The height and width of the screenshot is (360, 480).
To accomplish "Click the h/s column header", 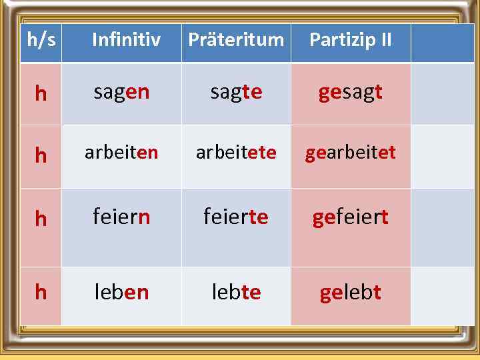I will coord(41,40).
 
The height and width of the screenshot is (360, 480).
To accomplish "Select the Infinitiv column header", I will coord(126,40).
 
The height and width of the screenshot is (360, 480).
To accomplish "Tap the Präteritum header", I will coord(236,40).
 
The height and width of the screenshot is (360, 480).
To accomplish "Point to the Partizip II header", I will coord(351,40).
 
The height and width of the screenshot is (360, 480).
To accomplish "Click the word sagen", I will coord(121,93).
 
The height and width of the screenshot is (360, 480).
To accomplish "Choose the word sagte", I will coord(236,93).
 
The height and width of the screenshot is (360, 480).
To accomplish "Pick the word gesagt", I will coord(351,93).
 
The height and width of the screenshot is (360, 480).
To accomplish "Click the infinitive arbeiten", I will coord(121,153).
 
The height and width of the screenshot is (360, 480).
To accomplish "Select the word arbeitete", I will coord(236,153).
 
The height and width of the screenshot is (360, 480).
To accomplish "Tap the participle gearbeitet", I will coord(351,153).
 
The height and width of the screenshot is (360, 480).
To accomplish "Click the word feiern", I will coord(121,217).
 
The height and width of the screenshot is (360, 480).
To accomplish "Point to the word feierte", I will coord(236,217).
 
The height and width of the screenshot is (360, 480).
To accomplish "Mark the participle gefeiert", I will coord(351,217).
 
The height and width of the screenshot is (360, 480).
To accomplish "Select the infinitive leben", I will coord(121,292).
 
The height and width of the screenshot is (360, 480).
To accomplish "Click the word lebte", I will coord(236,292).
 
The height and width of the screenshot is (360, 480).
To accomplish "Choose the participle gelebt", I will coord(351,292).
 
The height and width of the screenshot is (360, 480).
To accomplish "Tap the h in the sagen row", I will coord(41,94).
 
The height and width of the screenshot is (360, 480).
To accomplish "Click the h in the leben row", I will coord(41,292).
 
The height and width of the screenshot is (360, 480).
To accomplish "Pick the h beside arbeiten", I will coord(41,155).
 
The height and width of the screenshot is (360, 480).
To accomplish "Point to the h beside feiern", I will coord(41,219).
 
